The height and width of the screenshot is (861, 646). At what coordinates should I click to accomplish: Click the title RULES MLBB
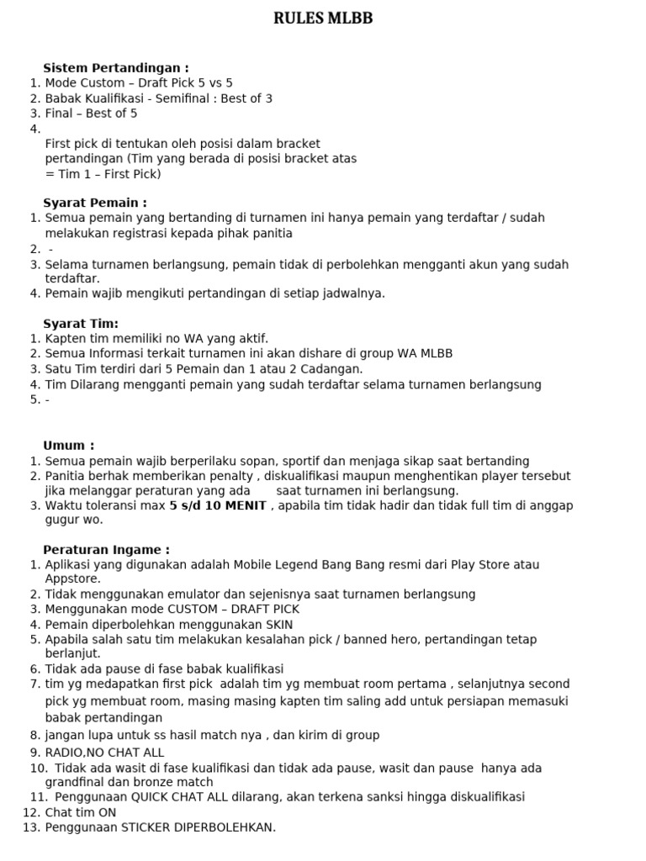coord(323,19)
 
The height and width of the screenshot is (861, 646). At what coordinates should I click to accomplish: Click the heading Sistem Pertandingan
coord(116,67)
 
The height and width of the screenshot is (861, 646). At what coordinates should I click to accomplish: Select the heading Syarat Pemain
coord(95,203)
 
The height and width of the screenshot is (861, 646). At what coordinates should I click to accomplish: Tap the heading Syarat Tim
coord(81,324)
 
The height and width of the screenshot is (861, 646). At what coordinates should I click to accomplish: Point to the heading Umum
coord(69,446)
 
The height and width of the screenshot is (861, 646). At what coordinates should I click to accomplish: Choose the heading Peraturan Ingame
coord(107,550)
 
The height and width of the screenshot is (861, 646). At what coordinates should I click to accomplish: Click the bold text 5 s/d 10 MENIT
coord(218,505)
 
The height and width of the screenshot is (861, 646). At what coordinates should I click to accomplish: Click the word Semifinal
coord(178,98)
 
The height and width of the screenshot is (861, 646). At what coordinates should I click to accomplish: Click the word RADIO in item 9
coord(64,753)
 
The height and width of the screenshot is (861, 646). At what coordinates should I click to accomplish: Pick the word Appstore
coord(72,579)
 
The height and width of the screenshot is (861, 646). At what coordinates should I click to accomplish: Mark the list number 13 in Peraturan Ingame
coord(32,828)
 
